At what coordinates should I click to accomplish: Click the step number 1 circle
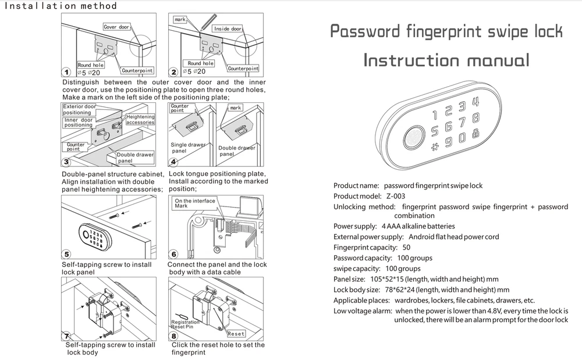66,72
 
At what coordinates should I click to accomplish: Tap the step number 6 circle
173,255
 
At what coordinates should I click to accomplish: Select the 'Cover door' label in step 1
117,27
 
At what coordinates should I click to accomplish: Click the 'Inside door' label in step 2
228,28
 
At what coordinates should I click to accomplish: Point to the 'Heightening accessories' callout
140,120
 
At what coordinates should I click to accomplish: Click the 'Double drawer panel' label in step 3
135,158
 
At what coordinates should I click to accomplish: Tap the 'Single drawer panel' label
187,148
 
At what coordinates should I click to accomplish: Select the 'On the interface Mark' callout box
194,203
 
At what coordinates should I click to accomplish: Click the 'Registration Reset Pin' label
185,324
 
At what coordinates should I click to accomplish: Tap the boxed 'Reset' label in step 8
236,334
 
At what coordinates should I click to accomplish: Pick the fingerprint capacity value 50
406,247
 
